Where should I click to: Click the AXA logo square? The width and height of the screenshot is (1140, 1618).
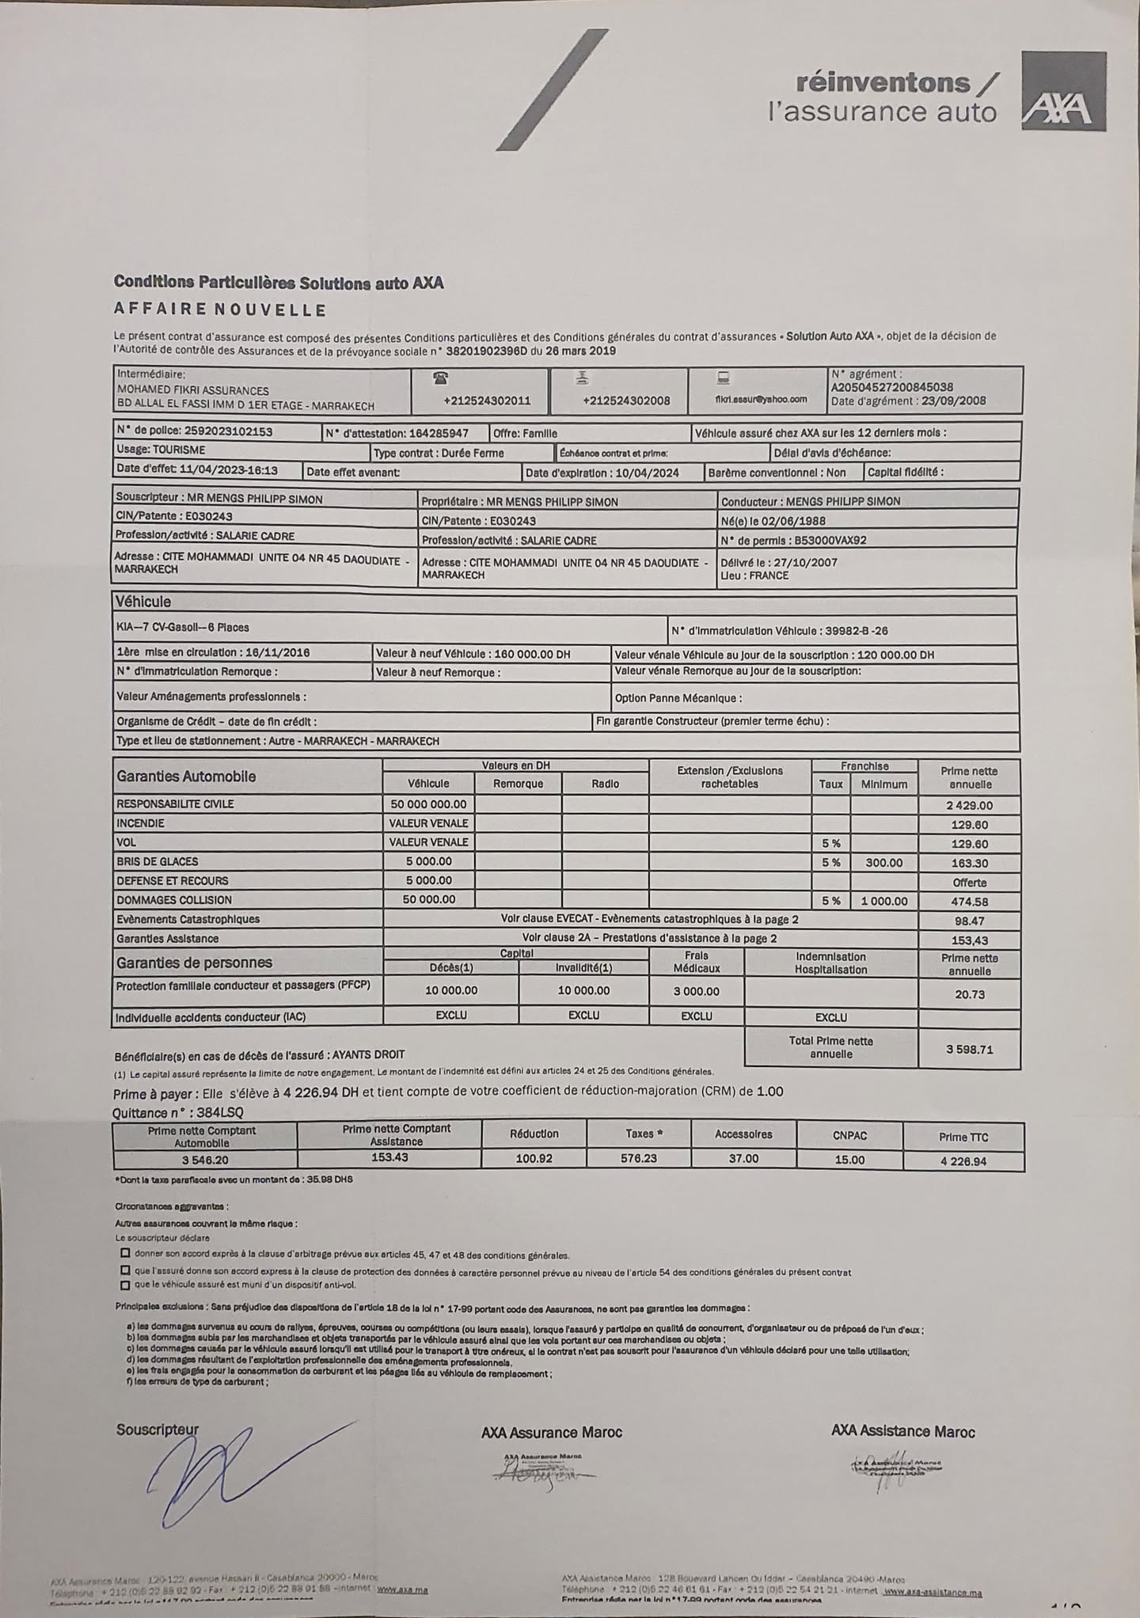click(1063, 91)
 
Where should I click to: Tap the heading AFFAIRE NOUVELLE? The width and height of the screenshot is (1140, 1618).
click(220, 310)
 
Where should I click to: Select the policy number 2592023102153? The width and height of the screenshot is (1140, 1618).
click(228, 431)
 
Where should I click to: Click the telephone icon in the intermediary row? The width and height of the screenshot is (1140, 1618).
click(441, 378)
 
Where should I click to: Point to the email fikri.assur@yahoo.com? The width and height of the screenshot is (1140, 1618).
click(761, 399)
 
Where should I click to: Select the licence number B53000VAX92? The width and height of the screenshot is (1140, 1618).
click(827, 541)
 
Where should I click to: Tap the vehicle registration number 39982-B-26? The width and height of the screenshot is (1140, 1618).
click(856, 631)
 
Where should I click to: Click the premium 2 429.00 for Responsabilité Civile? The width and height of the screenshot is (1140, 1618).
click(969, 805)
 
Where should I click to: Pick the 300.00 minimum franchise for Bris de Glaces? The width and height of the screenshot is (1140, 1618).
click(883, 863)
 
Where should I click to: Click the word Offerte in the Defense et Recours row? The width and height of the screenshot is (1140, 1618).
click(969, 883)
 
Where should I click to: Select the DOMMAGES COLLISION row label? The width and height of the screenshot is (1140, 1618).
click(174, 900)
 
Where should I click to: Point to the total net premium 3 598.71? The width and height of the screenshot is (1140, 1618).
click(969, 1050)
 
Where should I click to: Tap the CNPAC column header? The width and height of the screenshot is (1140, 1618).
click(849, 1135)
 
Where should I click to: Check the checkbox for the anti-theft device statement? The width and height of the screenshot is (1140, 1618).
click(125, 1285)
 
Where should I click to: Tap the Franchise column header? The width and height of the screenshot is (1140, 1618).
click(864, 766)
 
